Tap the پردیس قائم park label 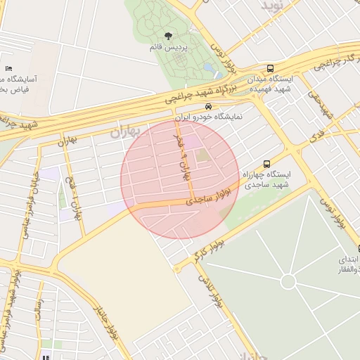point(169,47)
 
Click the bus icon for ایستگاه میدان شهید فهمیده point(270,68)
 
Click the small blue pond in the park point(209,68)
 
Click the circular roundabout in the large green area point(288,282)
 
